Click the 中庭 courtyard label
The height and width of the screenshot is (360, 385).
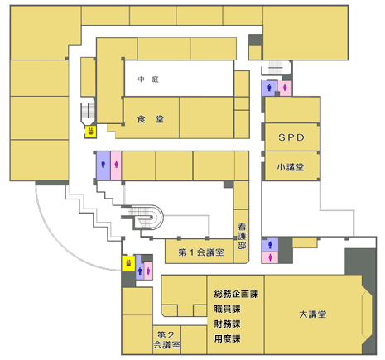(148, 79)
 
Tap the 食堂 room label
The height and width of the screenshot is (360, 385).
(151, 119)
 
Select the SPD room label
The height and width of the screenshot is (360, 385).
(291, 137)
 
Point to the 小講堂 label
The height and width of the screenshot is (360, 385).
(291, 167)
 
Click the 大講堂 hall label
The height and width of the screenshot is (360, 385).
(313, 314)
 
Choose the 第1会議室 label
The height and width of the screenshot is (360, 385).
(201, 252)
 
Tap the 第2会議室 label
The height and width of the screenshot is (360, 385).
(166, 339)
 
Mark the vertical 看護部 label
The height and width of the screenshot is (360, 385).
(242, 236)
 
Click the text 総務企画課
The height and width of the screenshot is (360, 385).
(236, 294)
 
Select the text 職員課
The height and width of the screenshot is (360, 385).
(227, 309)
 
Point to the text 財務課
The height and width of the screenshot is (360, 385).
(227, 324)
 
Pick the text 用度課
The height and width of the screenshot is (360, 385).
(227, 338)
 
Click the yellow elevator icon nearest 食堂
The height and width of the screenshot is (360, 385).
(91, 132)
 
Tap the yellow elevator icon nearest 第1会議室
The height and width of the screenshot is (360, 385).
(128, 263)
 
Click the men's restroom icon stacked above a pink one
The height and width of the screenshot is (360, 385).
(270, 244)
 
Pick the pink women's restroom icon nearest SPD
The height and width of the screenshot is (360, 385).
(285, 88)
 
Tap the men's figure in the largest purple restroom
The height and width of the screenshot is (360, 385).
(103, 165)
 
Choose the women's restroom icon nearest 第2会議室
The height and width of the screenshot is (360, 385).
(148, 271)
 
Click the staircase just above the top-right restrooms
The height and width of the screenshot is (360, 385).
(276, 67)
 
